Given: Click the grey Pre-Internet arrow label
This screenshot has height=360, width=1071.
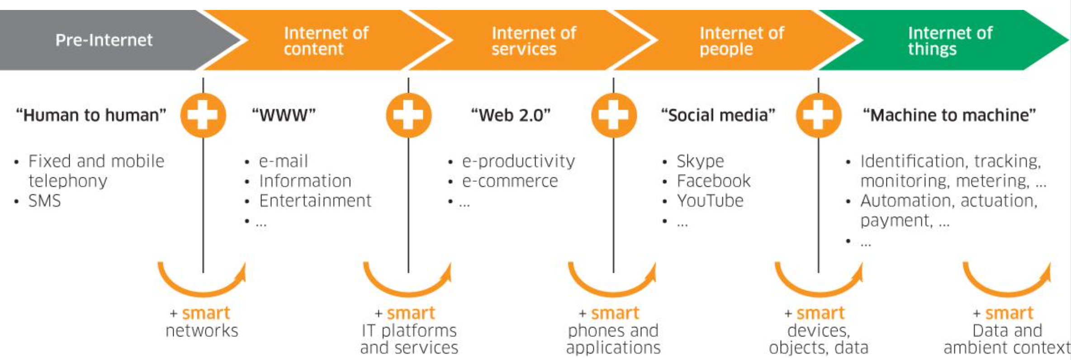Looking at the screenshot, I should tap(104, 40).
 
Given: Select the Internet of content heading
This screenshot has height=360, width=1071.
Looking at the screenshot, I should tap(326, 41).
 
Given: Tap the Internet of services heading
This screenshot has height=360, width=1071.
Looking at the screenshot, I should tap(534, 41).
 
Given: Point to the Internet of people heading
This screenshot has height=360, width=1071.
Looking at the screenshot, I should tap(742, 41).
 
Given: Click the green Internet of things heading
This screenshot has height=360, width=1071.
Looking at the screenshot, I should tap(950, 41).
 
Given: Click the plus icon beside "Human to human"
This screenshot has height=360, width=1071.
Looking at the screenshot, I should tap(203, 115).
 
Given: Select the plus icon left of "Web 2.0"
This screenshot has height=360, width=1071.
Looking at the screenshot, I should tap(408, 115).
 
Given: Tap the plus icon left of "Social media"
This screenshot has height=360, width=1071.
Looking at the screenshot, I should tap(614, 115).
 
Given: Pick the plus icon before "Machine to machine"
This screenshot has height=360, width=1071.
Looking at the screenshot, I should tap(819, 115).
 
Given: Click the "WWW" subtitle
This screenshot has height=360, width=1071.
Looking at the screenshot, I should tap(284, 115).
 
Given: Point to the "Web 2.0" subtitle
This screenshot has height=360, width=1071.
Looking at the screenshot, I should tap(511, 115).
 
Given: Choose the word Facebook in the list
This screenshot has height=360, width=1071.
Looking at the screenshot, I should tap(713, 181).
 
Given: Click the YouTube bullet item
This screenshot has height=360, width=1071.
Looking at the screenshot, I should tap(710, 201).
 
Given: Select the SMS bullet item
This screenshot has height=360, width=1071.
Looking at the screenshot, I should tap(44, 201).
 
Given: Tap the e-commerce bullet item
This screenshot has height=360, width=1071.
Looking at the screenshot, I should tap(510, 181).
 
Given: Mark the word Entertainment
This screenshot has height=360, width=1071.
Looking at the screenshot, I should tap(315, 201).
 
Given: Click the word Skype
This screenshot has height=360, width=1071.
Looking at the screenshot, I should tap(700, 161).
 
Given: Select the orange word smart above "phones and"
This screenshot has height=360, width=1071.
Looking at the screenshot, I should tap(615, 313).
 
